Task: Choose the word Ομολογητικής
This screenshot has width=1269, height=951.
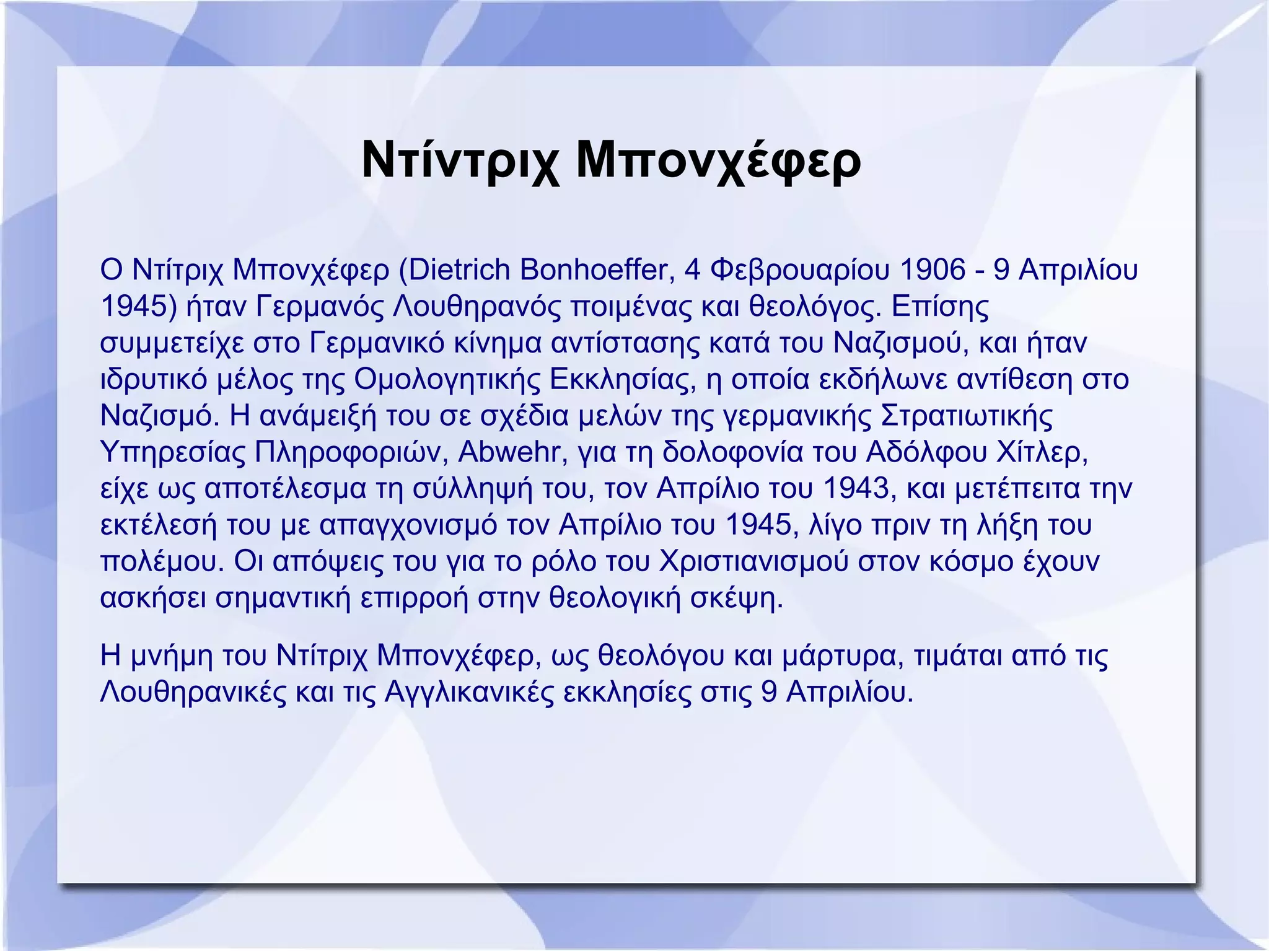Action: click(447, 379)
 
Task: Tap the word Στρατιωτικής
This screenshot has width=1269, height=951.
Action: click(967, 416)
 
